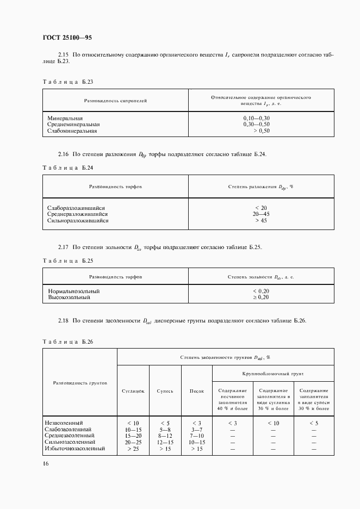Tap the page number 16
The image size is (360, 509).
coord(46,463)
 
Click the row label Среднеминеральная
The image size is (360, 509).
coord(73,125)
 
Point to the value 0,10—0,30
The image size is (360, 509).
coord(257,118)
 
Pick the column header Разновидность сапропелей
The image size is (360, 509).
coord(115,101)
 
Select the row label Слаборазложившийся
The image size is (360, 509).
coord(76,208)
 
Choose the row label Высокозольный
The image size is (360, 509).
coord(69,297)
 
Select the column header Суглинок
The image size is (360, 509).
coord(133,391)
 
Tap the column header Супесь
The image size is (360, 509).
coord(165,391)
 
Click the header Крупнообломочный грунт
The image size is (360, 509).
coord(273,374)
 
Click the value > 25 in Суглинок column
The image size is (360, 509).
coord(133,449)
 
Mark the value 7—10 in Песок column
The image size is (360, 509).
coord(197,436)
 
